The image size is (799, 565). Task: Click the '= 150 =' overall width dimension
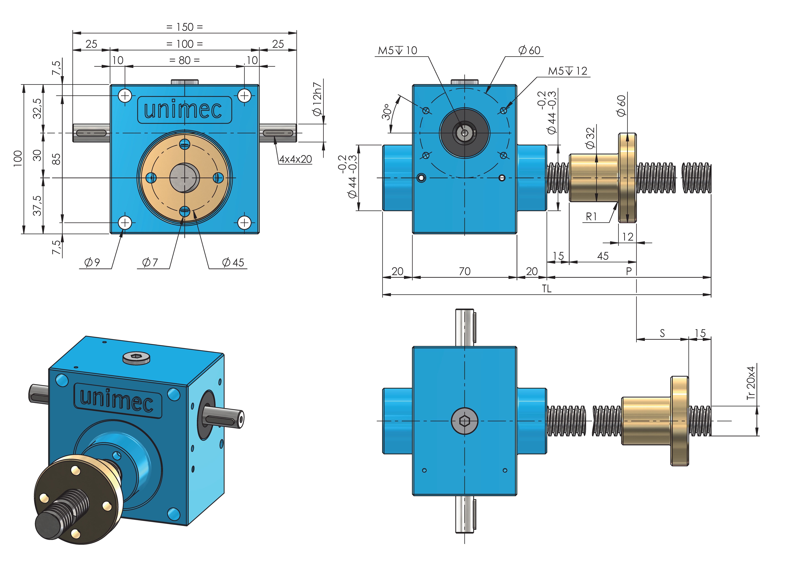pos(184,27)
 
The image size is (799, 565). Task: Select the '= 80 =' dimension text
pos(184,60)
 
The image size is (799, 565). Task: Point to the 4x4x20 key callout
pos(295,159)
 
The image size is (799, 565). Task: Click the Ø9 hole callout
pos(92,262)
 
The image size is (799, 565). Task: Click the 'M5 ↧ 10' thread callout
pos(397,50)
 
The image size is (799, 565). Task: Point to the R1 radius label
pos(591,217)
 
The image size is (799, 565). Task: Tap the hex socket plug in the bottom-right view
pos(465,421)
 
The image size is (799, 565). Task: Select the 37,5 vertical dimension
pos(37,205)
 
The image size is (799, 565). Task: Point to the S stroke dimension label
pos(662,333)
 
